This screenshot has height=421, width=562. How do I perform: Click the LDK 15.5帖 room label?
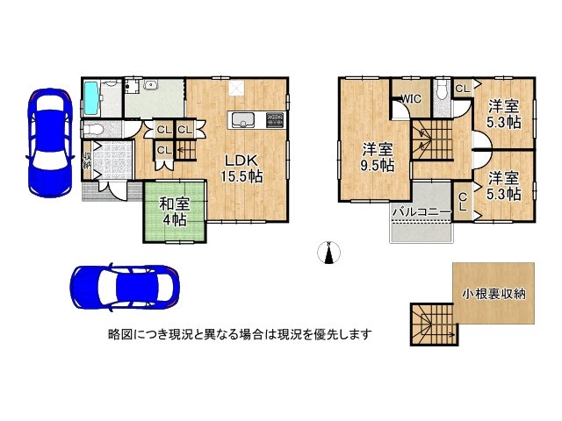tap(241, 168)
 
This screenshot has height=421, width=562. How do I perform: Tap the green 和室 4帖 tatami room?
tap(175, 212)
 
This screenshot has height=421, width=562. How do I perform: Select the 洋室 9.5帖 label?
tap(378, 158)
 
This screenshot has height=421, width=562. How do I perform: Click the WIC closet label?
tap(411, 99)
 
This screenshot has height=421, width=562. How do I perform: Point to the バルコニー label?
tap(421, 212)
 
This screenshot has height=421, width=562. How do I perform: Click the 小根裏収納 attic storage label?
tap(494, 294)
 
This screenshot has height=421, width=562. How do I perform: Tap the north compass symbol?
tap(328, 252)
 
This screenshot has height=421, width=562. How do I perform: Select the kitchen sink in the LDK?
tap(243, 119)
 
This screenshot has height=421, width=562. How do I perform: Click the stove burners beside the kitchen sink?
tap(275, 119)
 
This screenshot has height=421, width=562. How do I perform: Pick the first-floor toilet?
tap(93, 129)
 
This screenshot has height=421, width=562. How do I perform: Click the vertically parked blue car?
tap(49, 143)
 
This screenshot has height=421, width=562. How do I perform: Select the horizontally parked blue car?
tap(125, 287)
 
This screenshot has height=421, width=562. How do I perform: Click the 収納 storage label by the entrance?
tap(87, 161)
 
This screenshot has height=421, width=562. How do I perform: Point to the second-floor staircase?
tap(433, 140)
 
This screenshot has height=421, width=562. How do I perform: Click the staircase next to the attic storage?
tap(434, 324)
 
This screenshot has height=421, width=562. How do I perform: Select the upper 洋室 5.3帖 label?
tap(503, 114)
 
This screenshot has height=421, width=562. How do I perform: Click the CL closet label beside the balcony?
tap(463, 202)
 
